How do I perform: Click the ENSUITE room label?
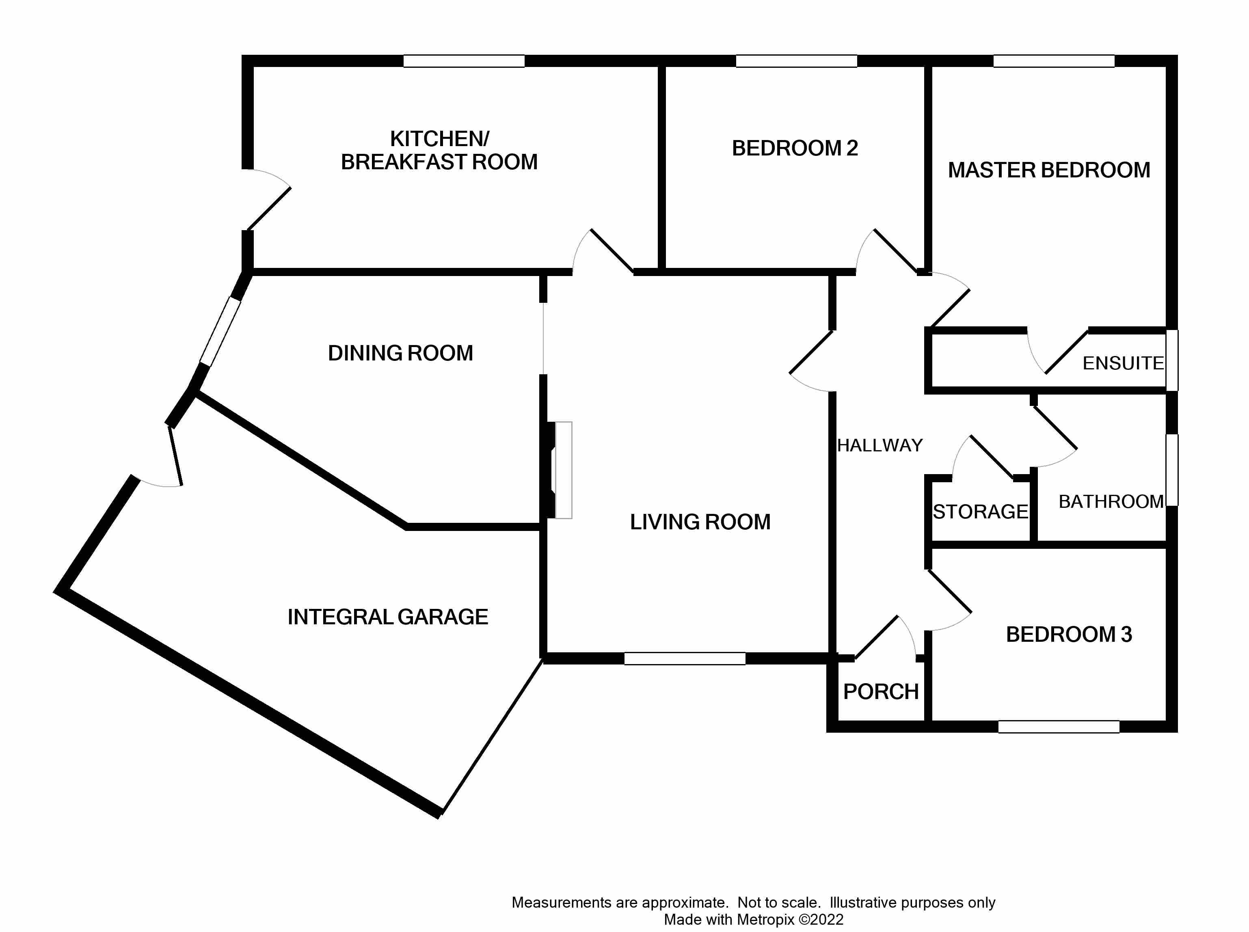[1123, 363]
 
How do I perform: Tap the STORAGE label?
[980, 512]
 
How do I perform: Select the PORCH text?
[880, 692]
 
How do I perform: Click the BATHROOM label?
[1111, 502]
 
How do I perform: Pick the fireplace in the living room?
[563, 470]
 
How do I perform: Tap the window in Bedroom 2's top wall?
[796, 61]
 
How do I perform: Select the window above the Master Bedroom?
[1053, 61]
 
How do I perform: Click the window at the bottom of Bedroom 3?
[1058, 727]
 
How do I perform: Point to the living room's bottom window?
[684, 658]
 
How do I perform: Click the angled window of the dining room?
[220, 332]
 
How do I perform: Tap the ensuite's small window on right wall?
[1172, 360]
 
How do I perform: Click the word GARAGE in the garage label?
[443, 617]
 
